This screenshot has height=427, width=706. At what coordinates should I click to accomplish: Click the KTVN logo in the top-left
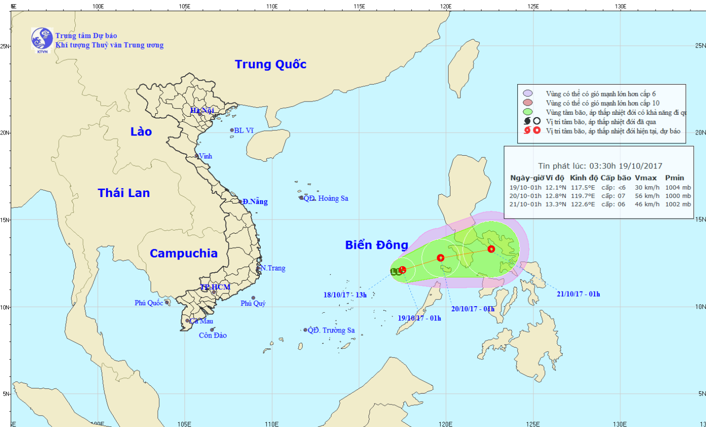tap(42, 40)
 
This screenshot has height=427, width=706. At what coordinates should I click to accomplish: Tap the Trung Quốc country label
tap(270, 64)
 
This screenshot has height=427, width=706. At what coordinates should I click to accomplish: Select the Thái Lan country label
tap(124, 193)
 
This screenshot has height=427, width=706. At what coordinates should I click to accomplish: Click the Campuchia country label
tap(184, 253)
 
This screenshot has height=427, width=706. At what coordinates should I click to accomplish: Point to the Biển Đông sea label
tap(377, 245)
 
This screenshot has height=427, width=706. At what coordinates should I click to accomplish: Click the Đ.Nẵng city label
tap(255, 202)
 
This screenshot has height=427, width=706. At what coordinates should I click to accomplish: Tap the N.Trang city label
tap(273, 268)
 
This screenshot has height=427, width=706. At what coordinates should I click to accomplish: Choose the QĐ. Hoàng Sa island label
tap(326, 198)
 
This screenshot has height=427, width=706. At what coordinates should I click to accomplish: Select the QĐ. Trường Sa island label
tap(331, 330)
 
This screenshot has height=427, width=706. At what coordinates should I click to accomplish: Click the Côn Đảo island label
tap(213, 335)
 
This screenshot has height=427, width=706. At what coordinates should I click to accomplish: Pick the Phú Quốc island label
tap(149, 303)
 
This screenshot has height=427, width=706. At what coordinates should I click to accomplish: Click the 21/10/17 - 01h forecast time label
tap(578, 294)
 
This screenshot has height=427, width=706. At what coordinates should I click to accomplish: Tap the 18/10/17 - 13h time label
tap(345, 295)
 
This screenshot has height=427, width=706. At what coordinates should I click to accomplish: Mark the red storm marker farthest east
tap(491, 249)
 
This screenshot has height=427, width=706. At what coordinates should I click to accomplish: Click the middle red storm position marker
tap(441, 258)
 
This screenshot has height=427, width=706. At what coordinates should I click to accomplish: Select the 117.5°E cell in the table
tap(583, 188)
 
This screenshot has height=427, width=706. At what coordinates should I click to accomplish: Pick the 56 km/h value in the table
tap(647, 196)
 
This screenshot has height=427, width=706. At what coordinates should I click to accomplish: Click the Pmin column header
tap(674, 178)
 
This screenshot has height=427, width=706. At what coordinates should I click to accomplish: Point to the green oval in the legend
tap(528, 112)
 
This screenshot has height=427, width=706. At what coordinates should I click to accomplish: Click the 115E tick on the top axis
tap(359, 7)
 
